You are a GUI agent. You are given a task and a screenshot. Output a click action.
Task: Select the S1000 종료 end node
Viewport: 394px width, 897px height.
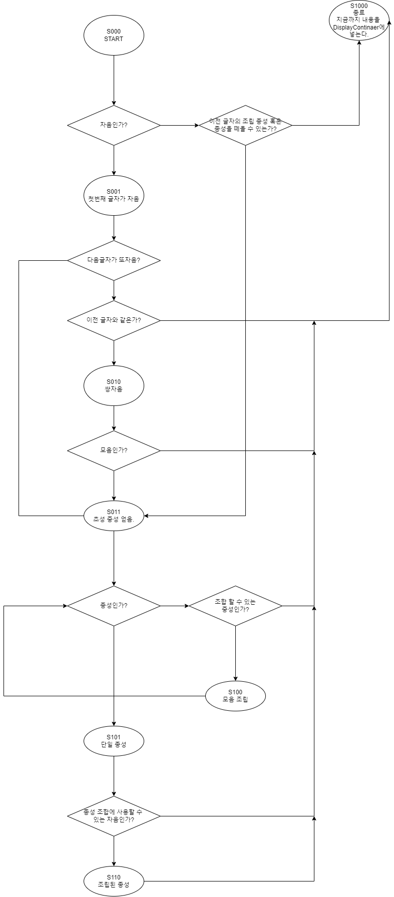359,21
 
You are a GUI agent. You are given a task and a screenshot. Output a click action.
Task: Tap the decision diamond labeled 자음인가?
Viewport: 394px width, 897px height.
114,125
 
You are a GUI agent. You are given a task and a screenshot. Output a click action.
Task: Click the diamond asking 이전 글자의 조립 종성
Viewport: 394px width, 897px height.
245,125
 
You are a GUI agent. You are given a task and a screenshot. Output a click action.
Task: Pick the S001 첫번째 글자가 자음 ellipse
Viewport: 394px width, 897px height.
114,195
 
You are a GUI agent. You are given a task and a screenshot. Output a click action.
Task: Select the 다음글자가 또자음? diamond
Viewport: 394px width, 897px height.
114,260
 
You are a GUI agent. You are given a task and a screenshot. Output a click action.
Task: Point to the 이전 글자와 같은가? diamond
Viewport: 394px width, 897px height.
114,320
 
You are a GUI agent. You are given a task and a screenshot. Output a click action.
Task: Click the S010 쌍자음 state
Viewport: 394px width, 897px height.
114,385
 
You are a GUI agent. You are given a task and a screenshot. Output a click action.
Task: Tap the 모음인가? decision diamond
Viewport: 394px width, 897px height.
114,451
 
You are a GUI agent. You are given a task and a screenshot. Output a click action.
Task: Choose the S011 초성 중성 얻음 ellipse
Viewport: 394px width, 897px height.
114,515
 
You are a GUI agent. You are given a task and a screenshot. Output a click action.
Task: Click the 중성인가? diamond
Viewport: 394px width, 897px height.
114,606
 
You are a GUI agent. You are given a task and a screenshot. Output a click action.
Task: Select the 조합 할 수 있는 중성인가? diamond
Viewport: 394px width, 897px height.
235,606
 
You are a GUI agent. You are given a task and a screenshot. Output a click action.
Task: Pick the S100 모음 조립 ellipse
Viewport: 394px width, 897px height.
235,696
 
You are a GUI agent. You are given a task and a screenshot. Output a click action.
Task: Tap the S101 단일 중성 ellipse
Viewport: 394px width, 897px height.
114,741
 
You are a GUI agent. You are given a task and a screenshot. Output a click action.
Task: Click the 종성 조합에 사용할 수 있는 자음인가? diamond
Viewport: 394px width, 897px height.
114,816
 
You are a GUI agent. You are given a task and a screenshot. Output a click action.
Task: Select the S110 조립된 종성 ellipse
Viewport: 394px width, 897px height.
114,881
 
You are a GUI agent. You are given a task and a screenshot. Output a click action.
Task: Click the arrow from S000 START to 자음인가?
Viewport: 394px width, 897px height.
114,80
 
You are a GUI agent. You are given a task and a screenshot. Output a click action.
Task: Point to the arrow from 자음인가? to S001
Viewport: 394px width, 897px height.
114,160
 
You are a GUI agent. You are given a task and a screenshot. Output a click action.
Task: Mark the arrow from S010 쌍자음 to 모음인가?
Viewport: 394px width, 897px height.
114,418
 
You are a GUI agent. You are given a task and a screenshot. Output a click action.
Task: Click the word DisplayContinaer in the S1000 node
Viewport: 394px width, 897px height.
356,28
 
